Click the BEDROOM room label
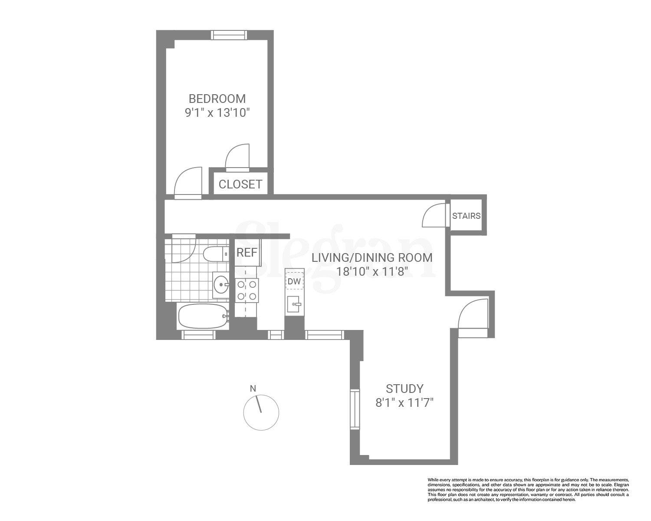pyautogui.click(x=217, y=98)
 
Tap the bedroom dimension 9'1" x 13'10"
pyautogui.click(x=217, y=113)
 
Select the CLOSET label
pyautogui.click(x=240, y=184)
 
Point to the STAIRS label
pyautogui.click(x=466, y=216)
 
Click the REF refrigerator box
pyautogui.click(x=247, y=253)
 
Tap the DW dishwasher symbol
pyautogui.click(x=294, y=282)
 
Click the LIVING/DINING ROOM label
pyautogui.click(x=372, y=257)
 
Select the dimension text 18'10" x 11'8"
pyautogui.click(x=372, y=272)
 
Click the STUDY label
pyautogui.click(x=404, y=388)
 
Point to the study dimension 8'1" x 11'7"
pyautogui.click(x=404, y=403)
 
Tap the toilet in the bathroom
pyautogui.click(x=216, y=254)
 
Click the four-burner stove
pyautogui.click(x=246, y=290)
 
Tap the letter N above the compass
pyautogui.click(x=253, y=389)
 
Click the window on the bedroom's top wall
pyautogui.click(x=229, y=35)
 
